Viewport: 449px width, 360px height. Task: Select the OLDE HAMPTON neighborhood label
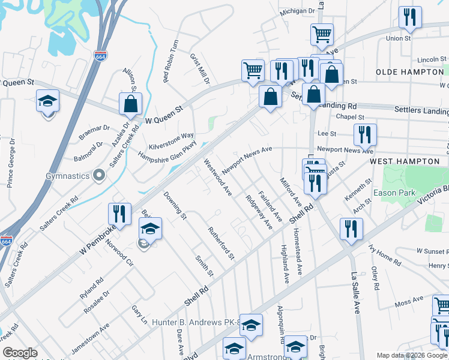(409, 72)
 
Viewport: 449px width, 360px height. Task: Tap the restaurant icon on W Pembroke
(119, 214)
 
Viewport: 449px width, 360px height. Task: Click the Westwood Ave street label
(217, 177)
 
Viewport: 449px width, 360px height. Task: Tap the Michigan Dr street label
(298, 11)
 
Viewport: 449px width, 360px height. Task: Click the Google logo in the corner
(20, 353)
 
